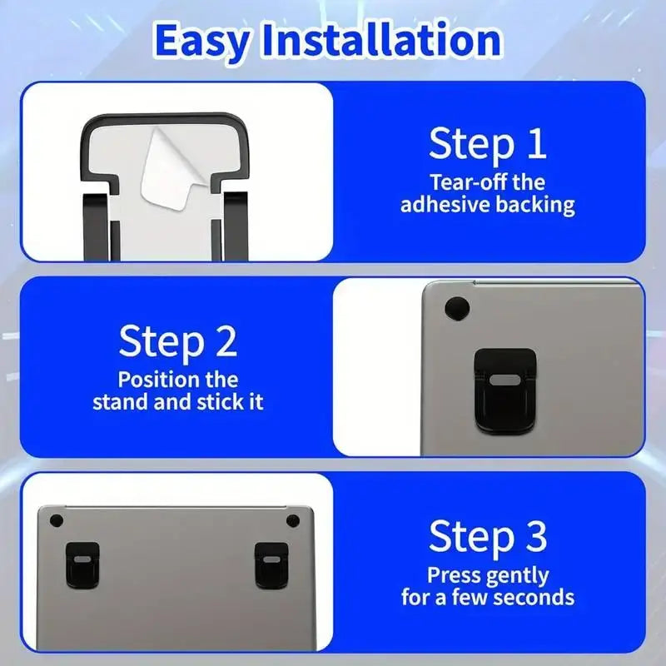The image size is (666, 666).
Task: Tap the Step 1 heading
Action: [487, 144]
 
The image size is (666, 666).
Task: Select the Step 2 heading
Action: [177, 341]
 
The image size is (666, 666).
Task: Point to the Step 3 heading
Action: [488, 537]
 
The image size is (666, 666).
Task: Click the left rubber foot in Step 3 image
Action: [56, 520]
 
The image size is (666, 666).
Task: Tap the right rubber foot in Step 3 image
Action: [292, 520]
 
